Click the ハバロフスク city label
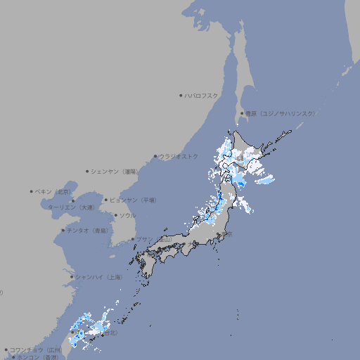[x=202, y=95]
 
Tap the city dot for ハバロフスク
[x=181, y=95]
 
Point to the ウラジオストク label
[x=179, y=156]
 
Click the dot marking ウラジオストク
[x=155, y=156]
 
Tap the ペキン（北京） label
[x=54, y=191]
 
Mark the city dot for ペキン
[x=32, y=191]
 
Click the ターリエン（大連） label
[x=70, y=207]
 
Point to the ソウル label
[x=127, y=215]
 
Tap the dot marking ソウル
[x=115, y=215]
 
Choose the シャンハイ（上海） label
[x=98, y=277]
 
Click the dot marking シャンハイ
[x=72, y=277]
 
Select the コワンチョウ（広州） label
[x=35, y=349]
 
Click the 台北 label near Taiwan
[x=111, y=333]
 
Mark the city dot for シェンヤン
[x=88, y=171]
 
